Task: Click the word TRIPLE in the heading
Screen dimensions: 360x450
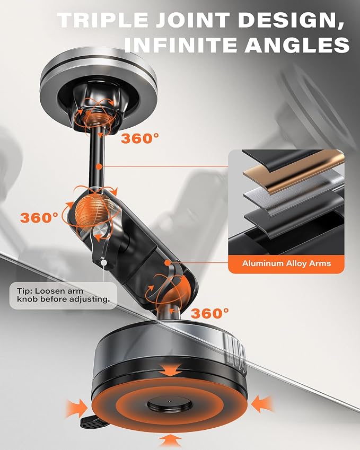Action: pos(103,20)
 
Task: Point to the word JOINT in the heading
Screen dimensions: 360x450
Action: pos(193,20)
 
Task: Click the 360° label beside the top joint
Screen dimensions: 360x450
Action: pos(140,138)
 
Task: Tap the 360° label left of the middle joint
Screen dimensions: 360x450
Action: pos(39,217)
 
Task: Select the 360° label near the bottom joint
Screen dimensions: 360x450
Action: pos(210,313)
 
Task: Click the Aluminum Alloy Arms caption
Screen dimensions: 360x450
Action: pos(286,263)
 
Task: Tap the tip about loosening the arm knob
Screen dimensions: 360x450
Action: pos(63,295)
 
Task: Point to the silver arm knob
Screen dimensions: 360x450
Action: pos(101,231)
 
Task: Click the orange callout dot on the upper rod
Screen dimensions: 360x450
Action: pos(99,166)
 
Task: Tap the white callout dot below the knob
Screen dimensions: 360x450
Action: pos(103,262)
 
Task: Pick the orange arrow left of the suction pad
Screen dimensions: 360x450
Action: pos(76,408)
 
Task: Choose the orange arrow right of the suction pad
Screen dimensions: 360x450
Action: pos(262,404)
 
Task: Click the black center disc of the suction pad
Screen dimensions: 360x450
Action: pos(170,404)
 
